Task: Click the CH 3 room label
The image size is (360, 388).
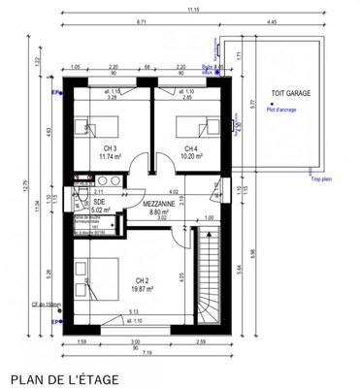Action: (x=110, y=147)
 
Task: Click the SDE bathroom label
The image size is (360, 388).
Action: (x=84, y=202)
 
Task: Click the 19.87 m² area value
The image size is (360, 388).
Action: (x=142, y=288)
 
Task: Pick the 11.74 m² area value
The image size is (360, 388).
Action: (x=110, y=156)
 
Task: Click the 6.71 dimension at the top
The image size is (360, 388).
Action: (x=141, y=20)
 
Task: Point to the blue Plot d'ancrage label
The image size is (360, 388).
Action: (x=280, y=110)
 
